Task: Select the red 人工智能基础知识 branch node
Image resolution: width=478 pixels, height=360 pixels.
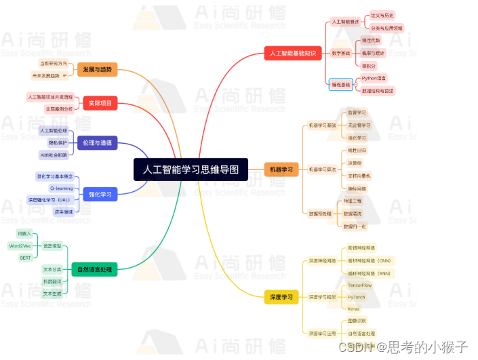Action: pos(292,53)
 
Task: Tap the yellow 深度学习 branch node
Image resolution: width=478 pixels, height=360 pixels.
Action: pos(281,297)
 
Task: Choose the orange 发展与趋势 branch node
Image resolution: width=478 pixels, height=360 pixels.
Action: pos(98,70)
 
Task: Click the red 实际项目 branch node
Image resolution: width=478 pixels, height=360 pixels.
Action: pos(100,103)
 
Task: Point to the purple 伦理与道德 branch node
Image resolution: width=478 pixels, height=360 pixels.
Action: pos(98,143)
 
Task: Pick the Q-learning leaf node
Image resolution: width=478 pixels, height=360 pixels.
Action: pos(62,188)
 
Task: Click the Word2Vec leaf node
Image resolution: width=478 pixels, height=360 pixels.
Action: pos(20,245)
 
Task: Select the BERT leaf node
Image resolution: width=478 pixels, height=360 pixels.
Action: pos(24,258)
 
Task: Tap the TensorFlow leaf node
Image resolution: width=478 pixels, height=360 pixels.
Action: pos(360,285)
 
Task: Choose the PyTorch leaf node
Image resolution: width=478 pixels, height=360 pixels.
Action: pos(356,297)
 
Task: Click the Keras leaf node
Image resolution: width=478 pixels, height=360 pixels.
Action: pos(353,309)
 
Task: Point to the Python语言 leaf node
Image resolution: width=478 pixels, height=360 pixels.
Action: pos(374,79)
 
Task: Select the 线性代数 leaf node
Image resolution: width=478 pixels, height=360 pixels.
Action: pos(372,41)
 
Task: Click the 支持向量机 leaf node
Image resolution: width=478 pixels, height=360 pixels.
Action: pos(360,176)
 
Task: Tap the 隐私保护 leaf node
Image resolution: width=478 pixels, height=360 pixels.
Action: pos(58,142)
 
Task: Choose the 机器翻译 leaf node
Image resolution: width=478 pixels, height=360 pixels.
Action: pos(52,281)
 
